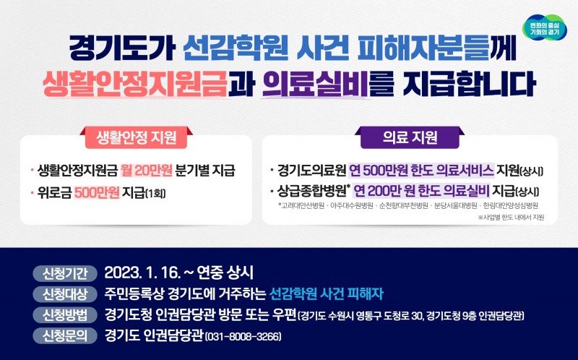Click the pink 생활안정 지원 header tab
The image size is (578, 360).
136,135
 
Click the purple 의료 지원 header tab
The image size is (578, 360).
409,135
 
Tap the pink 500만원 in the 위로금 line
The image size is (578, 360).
96,193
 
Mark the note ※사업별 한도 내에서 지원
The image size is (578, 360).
511,217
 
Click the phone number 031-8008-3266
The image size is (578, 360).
243,337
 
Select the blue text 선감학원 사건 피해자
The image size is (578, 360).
326,294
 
